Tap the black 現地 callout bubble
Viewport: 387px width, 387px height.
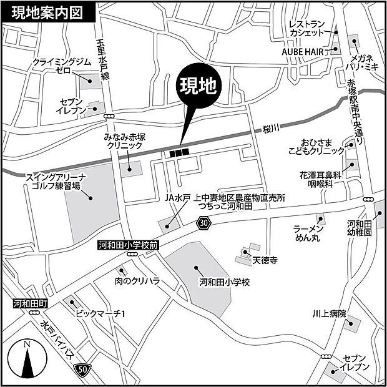click(x=198, y=87)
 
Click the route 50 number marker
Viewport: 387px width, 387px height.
click(x=84, y=369)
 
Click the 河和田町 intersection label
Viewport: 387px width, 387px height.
click(x=31, y=304)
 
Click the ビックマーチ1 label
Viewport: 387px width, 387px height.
click(x=100, y=314)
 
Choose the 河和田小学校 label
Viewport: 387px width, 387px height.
click(x=224, y=282)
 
